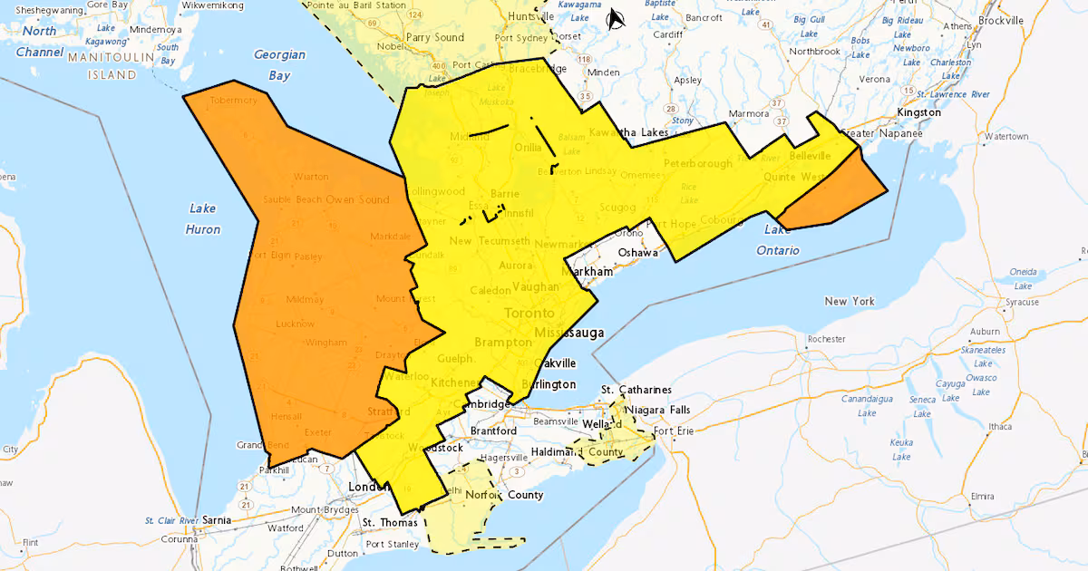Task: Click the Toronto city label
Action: (x=529, y=313)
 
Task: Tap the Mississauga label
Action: (x=568, y=333)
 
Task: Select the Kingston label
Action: (x=918, y=112)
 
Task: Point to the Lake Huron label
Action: (x=203, y=218)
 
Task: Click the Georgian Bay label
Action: (x=279, y=64)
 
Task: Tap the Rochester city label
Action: (x=825, y=339)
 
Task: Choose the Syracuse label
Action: (x=1020, y=302)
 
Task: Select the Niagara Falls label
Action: (x=657, y=410)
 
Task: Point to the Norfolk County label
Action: (x=504, y=495)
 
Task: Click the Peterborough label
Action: (x=697, y=164)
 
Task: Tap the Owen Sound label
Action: (x=364, y=198)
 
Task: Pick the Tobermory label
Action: (x=233, y=101)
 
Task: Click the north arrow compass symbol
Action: (x=616, y=18)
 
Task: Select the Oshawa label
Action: (x=637, y=252)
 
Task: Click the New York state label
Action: (x=849, y=300)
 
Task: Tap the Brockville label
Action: (x=1000, y=20)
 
